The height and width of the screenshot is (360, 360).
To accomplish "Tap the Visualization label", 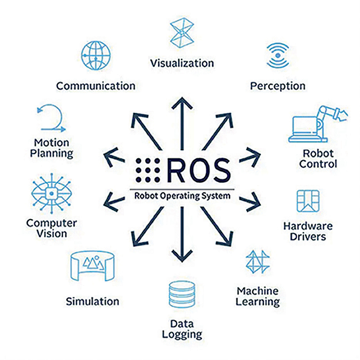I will point(182,63).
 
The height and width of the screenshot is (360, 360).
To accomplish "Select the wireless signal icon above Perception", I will point(277,56).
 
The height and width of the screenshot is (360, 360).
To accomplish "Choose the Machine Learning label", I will point(257,296).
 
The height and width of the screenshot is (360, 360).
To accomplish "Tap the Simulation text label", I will point(92,301).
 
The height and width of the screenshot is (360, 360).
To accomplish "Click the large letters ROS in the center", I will point(199,171).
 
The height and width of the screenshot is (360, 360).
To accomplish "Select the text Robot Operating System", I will point(182,196).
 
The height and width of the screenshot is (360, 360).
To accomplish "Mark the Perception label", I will point(278,85).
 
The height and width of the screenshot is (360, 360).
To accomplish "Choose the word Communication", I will point(95,85).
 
